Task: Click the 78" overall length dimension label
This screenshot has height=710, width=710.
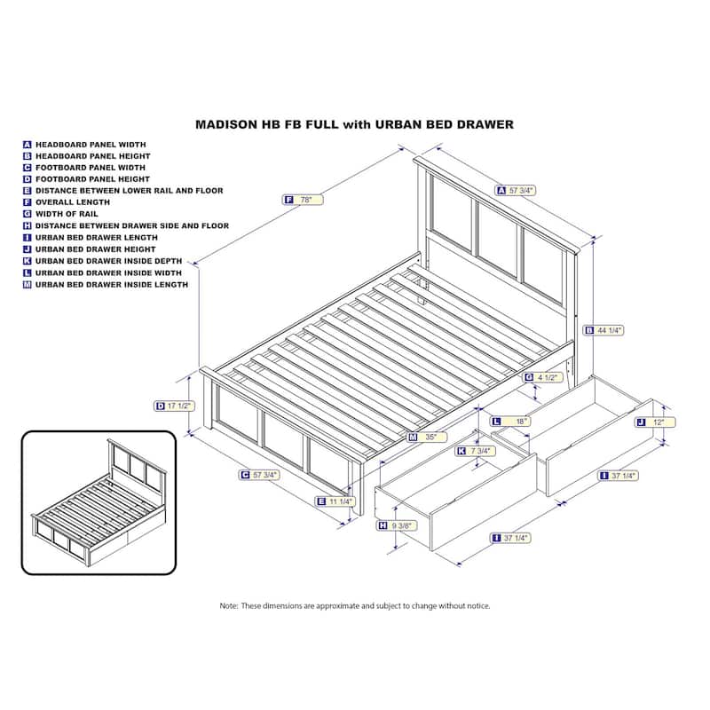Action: pos(304,200)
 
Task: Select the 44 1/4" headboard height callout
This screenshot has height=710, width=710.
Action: pos(604,330)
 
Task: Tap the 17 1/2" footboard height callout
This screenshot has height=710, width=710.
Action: pos(175,406)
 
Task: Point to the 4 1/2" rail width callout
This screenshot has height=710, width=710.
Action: pos(543,377)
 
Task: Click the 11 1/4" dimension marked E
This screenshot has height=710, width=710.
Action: pos(335,501)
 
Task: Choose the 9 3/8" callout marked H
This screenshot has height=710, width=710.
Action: pos(397,525)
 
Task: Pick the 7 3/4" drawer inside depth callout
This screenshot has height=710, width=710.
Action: pos(476,451)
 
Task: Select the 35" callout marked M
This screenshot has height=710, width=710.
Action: pos(427,437)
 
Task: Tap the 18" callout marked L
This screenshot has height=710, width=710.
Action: pos(511,422)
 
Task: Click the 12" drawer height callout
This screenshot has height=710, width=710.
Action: pos(655,422)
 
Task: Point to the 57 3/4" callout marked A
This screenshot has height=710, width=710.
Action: pos(517,191)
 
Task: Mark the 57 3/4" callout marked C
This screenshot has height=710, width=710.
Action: pos(259,475)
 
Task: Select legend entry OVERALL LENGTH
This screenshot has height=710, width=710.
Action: pos(73,202)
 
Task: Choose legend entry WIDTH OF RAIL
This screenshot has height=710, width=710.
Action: pos(67,214)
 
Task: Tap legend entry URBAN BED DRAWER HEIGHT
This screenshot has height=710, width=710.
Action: pos(96,249)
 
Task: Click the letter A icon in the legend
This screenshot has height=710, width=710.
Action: pos(28,145)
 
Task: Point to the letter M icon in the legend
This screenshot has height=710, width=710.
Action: pos(28,285)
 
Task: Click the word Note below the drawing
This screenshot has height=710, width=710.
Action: pos(229,606)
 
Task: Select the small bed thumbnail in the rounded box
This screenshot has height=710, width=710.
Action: pos(99,503)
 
